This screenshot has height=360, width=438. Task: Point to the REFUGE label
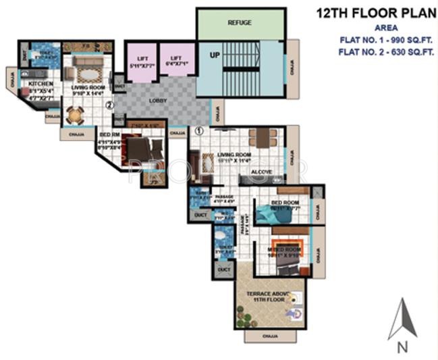pyautogui.click(x=240, y=23)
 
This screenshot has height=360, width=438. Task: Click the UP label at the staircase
pyautogui.click(x=215, y=53)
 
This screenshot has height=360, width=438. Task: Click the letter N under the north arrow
pyautogui.click(x=402, y=348)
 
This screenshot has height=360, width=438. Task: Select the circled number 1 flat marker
pyautogui.click(x=199, y=131)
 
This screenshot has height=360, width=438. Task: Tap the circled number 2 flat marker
pyautogui.click(x=109, y=105)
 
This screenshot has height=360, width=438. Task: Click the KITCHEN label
pyautogui.click(x=40, y=84)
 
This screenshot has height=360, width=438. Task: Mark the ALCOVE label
pyautogui.click(x=261, y=172)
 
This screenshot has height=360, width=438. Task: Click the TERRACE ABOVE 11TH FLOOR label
pyautogui.click(x=267, y=298)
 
